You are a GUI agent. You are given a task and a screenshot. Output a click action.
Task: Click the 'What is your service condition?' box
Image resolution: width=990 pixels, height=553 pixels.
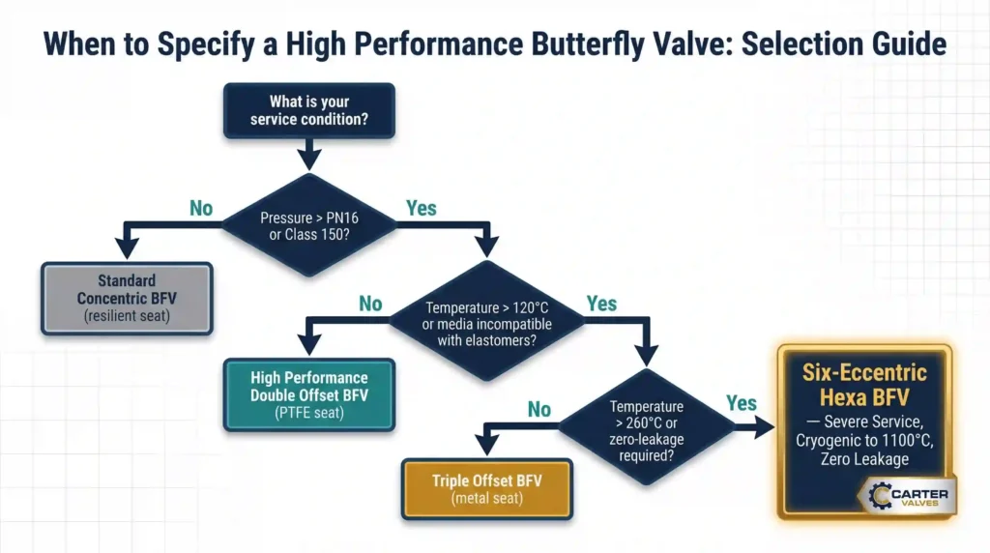(x=308, y=109)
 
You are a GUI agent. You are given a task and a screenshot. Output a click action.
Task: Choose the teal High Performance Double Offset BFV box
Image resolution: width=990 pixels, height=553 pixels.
(x=309, y=393)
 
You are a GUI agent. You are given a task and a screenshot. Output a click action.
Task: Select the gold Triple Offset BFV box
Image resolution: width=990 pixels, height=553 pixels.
(x=486, y=487)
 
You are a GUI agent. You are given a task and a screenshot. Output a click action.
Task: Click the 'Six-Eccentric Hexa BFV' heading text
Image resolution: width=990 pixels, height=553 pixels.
(x=864, y=385)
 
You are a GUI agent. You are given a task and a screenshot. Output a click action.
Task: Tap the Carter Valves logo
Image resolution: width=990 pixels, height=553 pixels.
(x=906, y=496)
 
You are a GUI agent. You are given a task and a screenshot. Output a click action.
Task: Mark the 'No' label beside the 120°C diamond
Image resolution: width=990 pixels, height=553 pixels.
(x=370, y=304)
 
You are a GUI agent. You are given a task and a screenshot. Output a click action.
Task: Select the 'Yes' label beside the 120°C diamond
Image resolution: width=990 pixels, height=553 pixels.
(x=600, y=304)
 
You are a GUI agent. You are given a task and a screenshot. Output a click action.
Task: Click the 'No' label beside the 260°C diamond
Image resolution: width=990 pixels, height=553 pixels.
(x=539, y=409)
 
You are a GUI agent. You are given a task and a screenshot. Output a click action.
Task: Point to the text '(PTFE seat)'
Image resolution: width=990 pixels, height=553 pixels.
(x=309, y=413)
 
